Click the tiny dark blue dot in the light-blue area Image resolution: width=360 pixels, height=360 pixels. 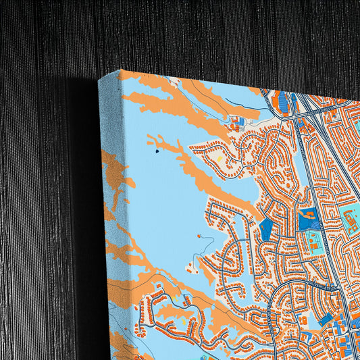tap(157, 151)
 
